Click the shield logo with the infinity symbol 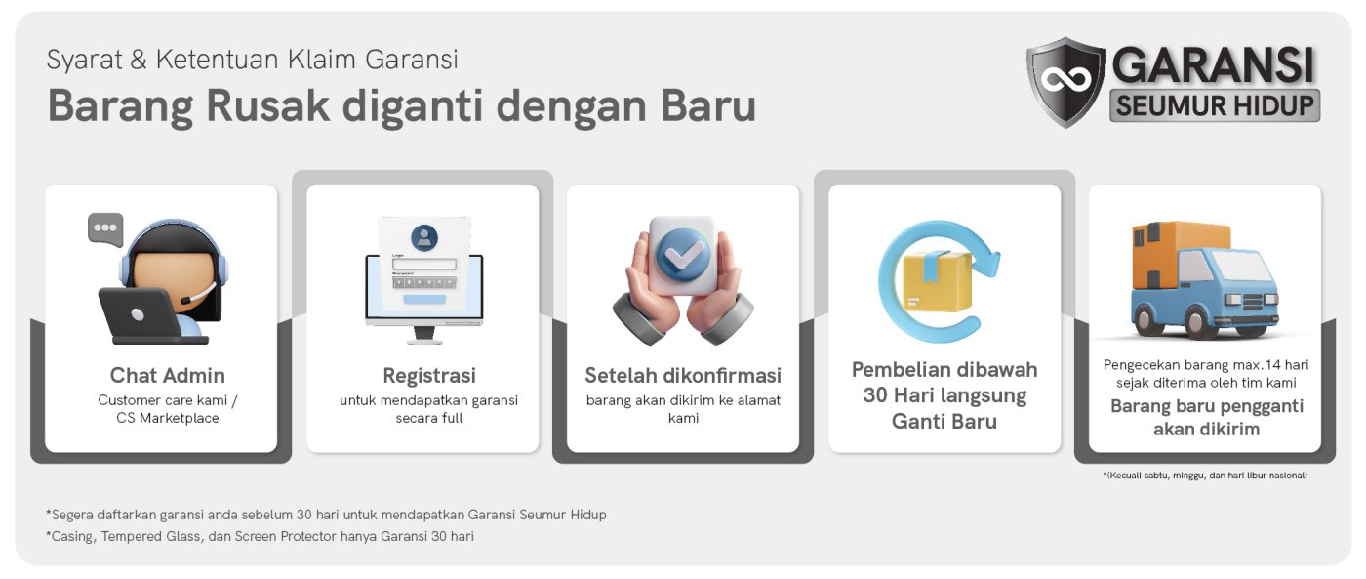(1065, 82)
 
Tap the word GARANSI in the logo (1213, 64)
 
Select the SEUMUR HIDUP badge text (1215, 105)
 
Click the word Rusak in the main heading (267, 105)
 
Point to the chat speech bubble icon (105, 228)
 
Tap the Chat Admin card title (167, 375)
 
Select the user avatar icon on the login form (424, 237)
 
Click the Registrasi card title (428, 375)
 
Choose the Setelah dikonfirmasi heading (683, 375)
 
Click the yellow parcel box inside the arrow (937, 281)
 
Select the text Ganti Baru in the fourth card (944, 421)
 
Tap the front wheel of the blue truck (1202, 320)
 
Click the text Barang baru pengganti (1206, 406)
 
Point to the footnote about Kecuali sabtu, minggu (1204, 476)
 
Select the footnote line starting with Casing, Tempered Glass (260, 536)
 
